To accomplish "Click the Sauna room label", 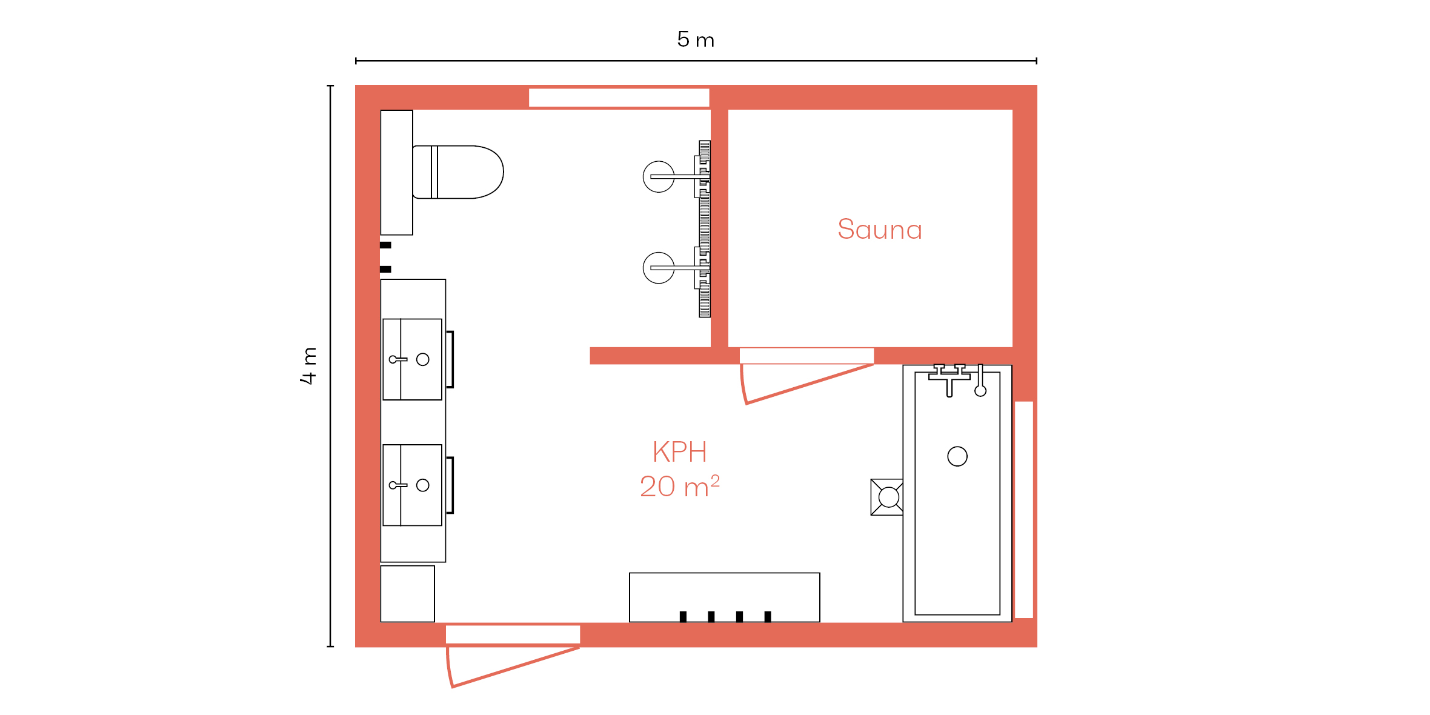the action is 880,230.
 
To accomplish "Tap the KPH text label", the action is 680,452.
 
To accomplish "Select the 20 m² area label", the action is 680,487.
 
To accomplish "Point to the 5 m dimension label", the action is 696,39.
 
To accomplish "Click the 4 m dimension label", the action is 308,366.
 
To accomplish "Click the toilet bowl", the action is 458,172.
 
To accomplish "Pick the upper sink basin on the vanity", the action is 412,359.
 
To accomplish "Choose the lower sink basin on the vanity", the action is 412,485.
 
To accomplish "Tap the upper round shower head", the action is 659,177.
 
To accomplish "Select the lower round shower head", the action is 659,268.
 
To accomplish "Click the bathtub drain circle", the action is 957,456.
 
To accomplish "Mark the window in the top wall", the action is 619,98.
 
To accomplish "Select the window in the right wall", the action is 1024,510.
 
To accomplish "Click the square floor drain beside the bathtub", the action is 887,497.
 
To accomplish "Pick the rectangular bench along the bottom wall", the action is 725,597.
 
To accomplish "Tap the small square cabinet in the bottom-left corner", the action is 408,594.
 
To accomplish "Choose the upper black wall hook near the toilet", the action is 385,245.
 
